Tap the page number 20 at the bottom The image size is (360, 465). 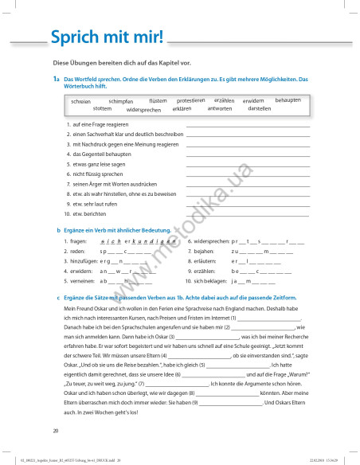(56, 431)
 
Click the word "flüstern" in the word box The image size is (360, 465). (158, 101)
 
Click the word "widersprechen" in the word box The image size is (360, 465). (143, 110)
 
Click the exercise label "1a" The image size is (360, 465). (57, 80)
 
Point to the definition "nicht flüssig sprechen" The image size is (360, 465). (98, 174)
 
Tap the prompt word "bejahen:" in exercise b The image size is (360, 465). (207, 251)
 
